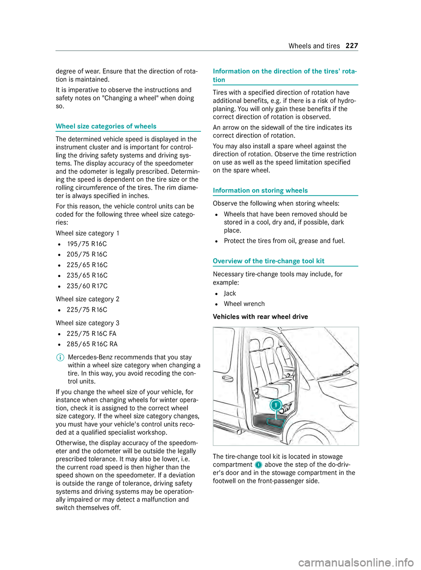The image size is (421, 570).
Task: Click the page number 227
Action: (352, 46)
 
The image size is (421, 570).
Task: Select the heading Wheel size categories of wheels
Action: (106, 127)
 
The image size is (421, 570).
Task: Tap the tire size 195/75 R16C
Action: (87, 244)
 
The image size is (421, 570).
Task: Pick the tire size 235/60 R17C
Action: (87, 286)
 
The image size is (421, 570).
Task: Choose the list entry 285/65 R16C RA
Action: (92, 344)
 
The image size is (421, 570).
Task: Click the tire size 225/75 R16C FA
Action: (91, 334)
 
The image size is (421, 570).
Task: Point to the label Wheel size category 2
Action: (87, 299)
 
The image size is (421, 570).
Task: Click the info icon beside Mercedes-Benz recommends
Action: (59, 357)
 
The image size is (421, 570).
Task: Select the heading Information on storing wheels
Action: (260, 191)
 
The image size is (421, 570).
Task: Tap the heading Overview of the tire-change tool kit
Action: (268, 261)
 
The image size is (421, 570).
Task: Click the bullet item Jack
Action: (230, 294)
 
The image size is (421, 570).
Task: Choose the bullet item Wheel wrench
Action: (244, 304)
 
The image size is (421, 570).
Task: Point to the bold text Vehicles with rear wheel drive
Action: (260, 317)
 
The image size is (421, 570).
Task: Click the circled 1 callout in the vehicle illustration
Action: (275, 405)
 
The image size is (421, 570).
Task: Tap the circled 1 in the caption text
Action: (258, 465)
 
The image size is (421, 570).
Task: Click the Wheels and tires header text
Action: (314, 46)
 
